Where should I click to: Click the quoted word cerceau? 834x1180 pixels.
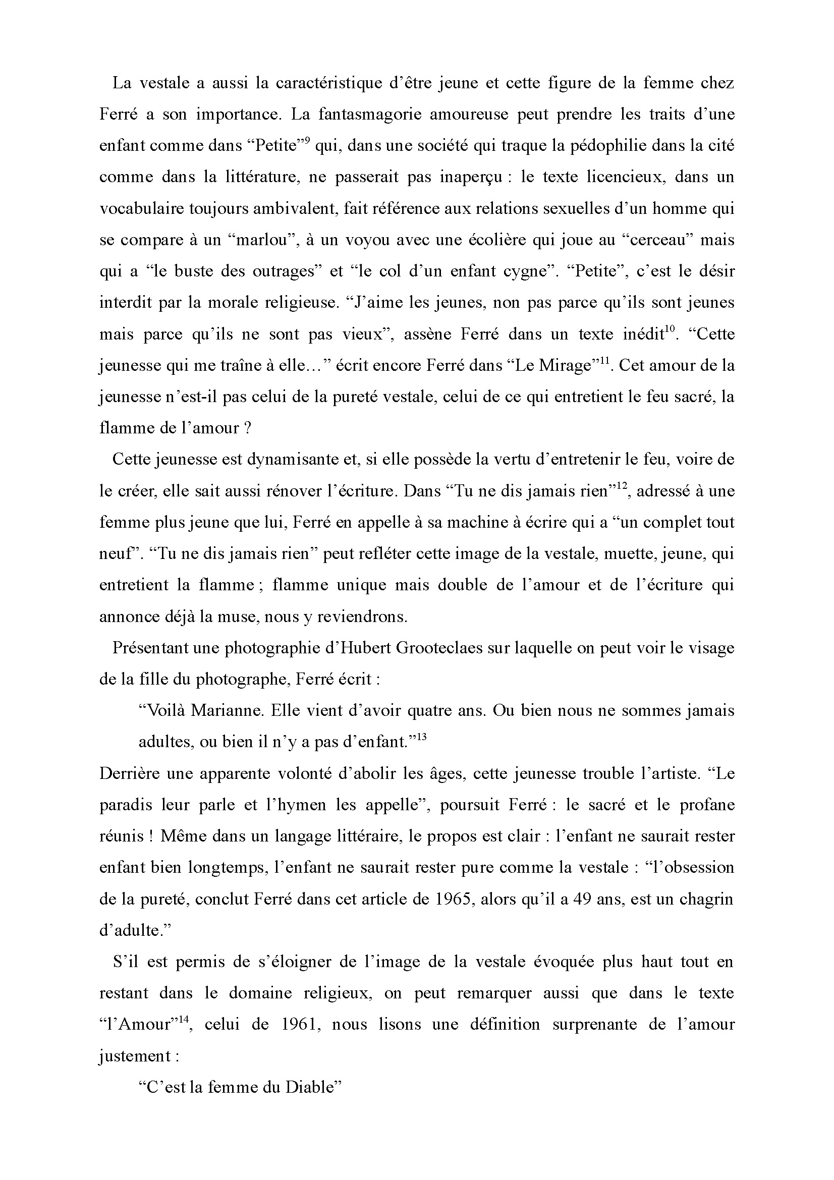click(x=657, y=240)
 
